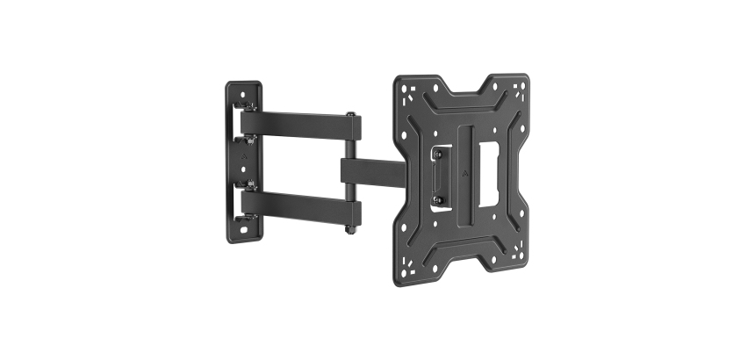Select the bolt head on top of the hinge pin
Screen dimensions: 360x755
351,114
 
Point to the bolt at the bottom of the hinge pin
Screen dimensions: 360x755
350,232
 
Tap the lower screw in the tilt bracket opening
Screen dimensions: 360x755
437,200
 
